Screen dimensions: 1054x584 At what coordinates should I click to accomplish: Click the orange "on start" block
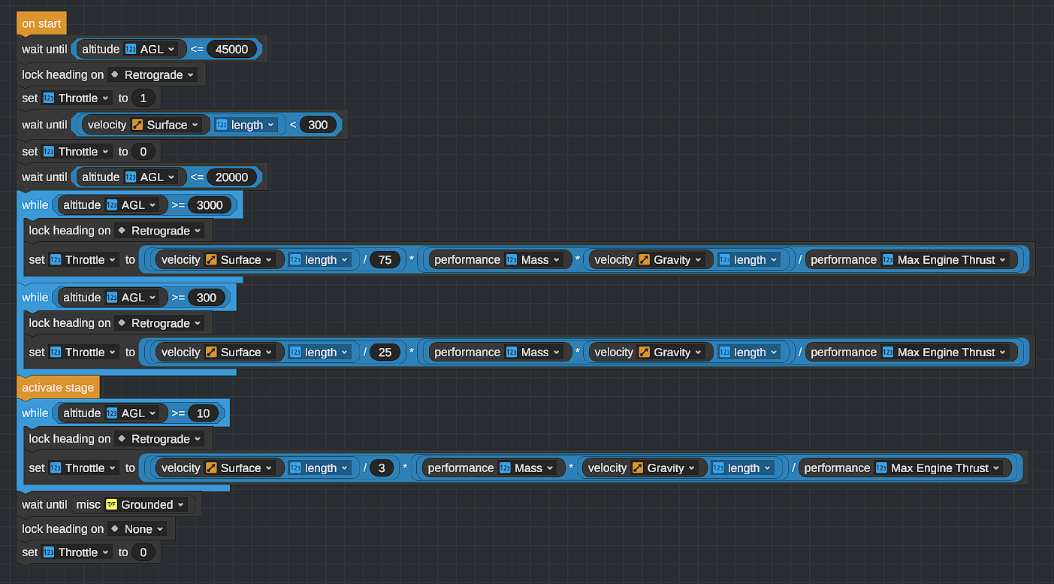[41, 23]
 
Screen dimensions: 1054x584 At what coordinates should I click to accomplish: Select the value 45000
[231, 50]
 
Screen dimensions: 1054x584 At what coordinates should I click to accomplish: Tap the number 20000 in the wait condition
[231, 177]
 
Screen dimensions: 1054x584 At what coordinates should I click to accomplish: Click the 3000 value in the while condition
[210, 205]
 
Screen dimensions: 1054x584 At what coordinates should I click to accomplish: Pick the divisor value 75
[385, 260]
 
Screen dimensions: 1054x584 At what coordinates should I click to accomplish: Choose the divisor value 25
[385, 353]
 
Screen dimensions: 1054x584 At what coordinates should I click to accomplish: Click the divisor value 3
[382, 468]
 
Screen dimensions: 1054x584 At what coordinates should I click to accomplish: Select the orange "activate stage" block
[58, 388]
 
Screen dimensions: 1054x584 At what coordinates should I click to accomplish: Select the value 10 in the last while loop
[203, 413]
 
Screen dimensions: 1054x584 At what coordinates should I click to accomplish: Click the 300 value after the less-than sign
[318, 126]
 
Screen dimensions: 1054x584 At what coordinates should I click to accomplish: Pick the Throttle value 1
[143, 98]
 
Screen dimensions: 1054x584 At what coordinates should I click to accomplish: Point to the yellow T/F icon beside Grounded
[111, 505]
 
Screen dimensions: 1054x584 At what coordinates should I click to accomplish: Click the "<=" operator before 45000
[197, 50]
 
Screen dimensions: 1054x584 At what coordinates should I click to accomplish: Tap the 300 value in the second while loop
[206, 298]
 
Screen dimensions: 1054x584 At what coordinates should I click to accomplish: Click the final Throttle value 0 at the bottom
[143, 552]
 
